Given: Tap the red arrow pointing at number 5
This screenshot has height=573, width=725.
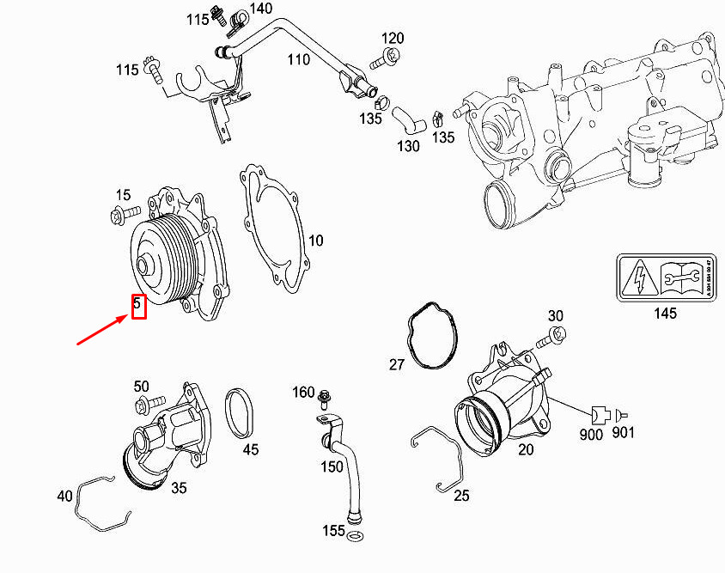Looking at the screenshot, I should pyautogui.click(x=104, y=330).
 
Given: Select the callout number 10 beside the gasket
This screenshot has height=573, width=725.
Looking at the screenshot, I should pyautogui.click(x=315, y=240).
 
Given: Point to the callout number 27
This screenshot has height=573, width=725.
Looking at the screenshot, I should pyautogui.click(x=396, y=364).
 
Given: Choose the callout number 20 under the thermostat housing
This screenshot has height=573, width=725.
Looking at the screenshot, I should pyautogui.click(x=525, y=448).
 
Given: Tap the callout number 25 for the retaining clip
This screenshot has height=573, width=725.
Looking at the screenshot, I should pyautogui.click(x=461, y=495).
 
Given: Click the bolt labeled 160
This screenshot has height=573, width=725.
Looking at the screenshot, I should pyautogui.click(x=326, y=398).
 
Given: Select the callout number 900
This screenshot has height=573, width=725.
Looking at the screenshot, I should pyautogui.click(x=591, y=434).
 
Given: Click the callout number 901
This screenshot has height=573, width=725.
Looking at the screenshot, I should pyautogui.click(x=624, y=432).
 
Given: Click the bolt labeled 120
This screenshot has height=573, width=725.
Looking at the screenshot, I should pyautogui.click(x=385, y=59).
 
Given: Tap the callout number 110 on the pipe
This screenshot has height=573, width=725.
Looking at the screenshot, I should pyautogui.click(x=298, y=59).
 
